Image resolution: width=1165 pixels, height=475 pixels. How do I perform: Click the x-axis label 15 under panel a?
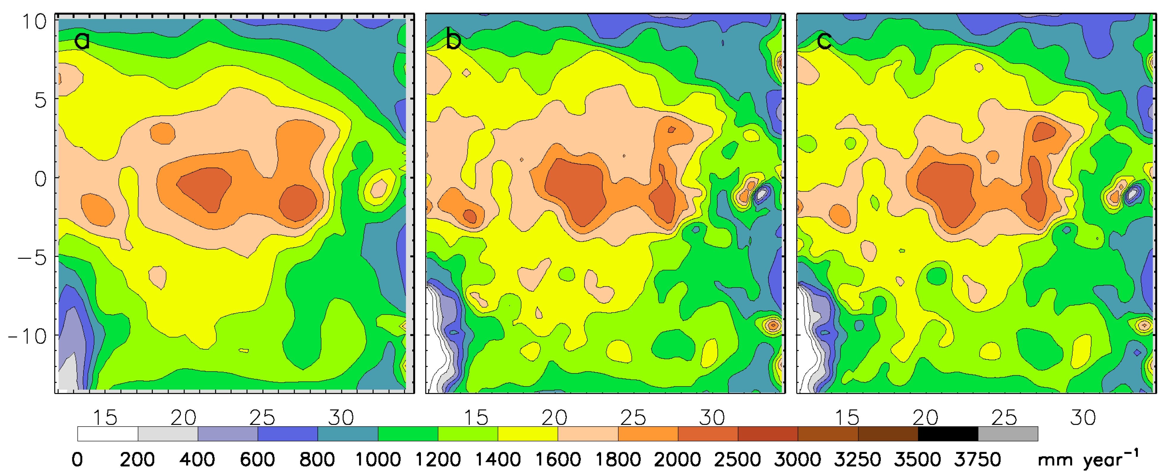click(105, 418)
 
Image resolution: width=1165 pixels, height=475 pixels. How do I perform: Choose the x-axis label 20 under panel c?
click(925, 418)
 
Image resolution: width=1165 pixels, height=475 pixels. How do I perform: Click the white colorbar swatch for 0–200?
click(108, 434)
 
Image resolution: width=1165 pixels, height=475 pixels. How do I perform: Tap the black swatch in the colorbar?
click(948, 434)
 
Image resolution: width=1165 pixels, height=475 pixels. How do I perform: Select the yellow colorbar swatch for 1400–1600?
click(528, 434)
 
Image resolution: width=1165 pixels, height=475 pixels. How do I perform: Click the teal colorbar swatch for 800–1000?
click(348, 434)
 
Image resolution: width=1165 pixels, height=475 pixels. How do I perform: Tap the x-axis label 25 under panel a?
click(262, 418)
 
